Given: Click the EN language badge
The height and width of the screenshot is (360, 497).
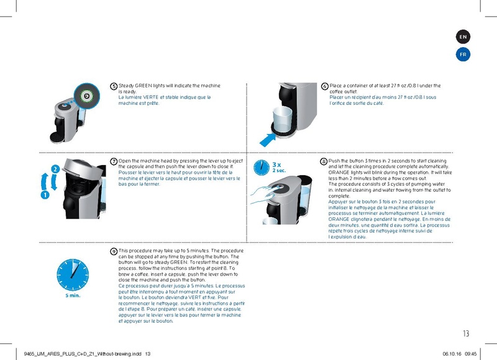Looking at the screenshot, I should coord(463,37).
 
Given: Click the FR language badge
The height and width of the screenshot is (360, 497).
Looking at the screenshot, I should coord(463,55).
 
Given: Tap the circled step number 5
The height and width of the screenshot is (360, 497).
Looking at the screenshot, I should coord(114,86).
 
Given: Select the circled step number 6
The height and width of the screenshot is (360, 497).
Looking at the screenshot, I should coord(324,86).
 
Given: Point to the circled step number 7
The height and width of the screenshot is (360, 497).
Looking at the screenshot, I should coord(114,161).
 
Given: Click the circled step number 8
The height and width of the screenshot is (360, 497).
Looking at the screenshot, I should coord(324,161).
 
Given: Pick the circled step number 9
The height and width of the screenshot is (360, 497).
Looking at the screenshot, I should coord(114,251).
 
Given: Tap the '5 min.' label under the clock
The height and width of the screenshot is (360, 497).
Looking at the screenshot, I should coord(73,295).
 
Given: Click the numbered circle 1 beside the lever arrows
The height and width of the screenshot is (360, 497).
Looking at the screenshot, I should coord(45,194).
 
